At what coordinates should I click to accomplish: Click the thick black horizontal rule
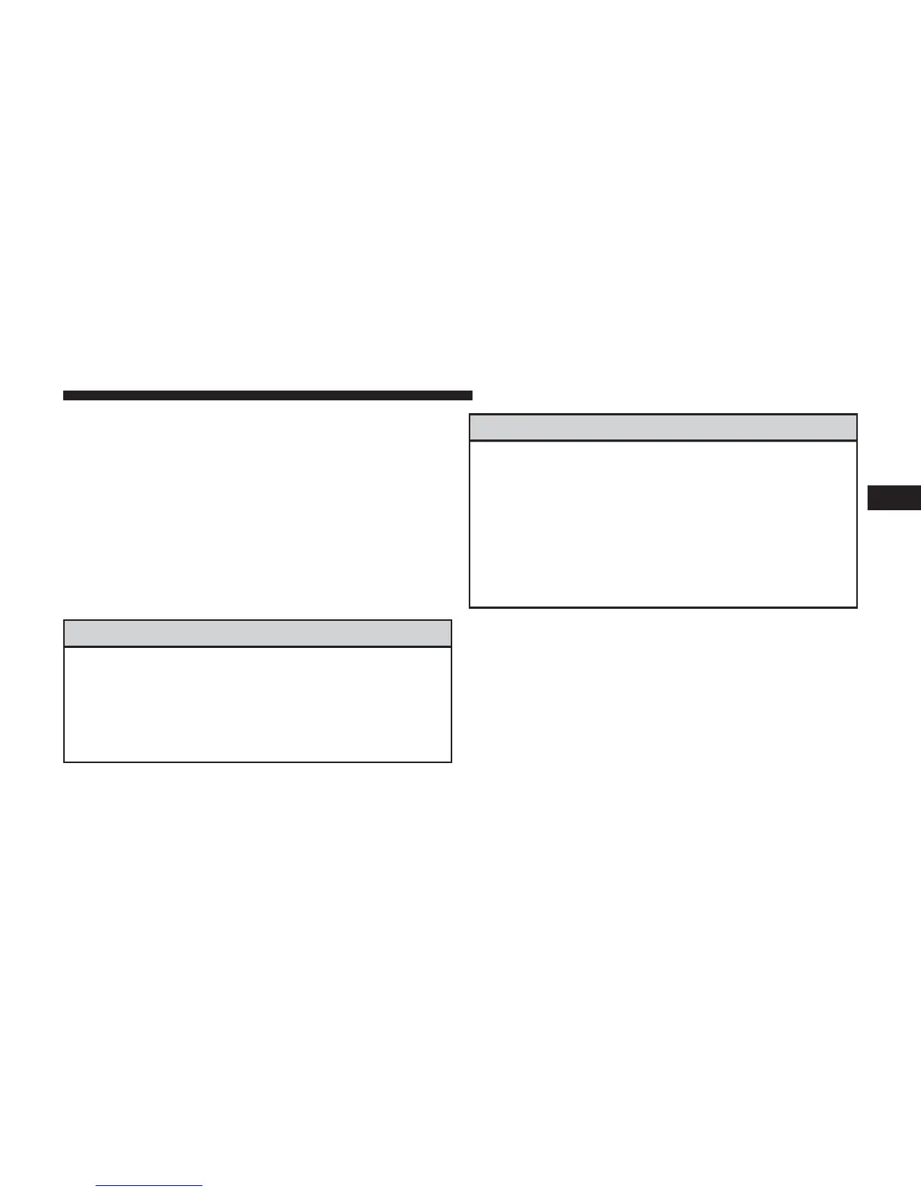pyautogui.click(x=267, y=396)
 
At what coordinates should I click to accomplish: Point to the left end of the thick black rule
pyautogui.click(x=65, y=396)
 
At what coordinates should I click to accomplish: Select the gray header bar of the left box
pyautogui.click(x=257, y=634)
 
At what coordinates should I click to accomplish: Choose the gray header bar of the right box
pyautogui.click(x=663, y=427)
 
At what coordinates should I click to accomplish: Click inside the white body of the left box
pyautogui.click(x=257, y=704)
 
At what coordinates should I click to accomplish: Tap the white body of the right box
pyautogui.click(x=663, y=524)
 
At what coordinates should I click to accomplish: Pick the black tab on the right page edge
pyautogui.click(x=894, y=498)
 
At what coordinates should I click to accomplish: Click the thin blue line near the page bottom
pyautogui.click(x=149, y=1186)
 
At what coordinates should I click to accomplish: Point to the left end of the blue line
pyautogui.click(x=97, y=1186)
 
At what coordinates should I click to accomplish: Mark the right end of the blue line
pyautogui.click(x=202, y=1186)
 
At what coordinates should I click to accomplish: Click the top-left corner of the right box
pyautogui.click(x=470, y=415)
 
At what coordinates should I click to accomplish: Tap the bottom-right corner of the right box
pyautogui.click(x=857, y=607)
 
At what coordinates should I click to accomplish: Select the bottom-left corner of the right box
pyautogui.click(x=470, y=607)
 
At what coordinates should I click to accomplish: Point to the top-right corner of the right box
pyautogui.click(x=857, y=415)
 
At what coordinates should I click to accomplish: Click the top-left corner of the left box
pyautogui.click(x=65, y=621)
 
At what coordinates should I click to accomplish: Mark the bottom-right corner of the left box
pyautogui.click(x=451, y=762)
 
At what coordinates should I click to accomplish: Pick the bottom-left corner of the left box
pyautogui.click(x=65, y=762)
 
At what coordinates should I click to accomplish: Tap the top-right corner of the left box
pyautogui.click(x=451, y=621)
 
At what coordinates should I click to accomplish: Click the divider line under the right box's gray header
pyautogui.click(x=663, y=441)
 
